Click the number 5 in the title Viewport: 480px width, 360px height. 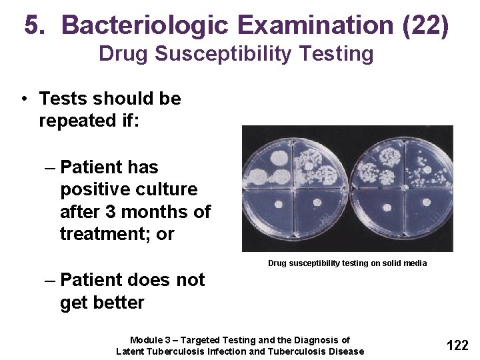(x=33, y=25)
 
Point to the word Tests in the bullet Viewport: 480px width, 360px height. (x=63, y=99)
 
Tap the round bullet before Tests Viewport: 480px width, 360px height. (x=23, y=99)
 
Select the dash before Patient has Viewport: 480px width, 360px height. (x=51, y=167)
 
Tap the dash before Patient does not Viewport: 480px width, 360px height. (x=51, y=280)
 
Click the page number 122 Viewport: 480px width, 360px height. (x=457, y=345)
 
